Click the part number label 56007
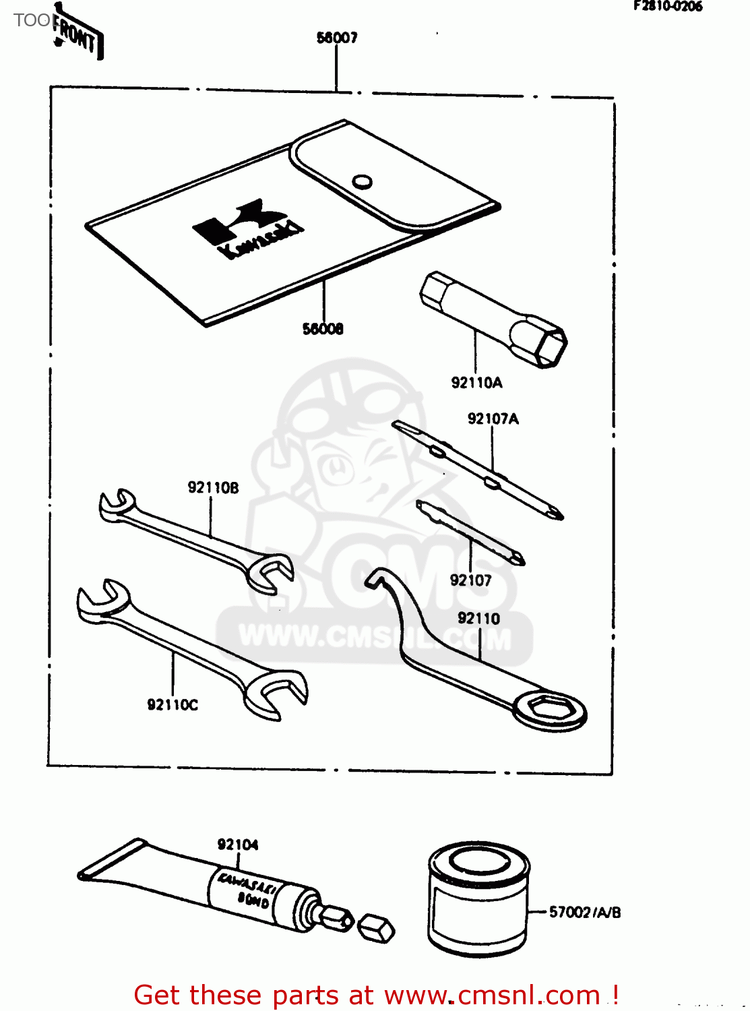click(337, 38)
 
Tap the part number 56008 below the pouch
click(323, 329)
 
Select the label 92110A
click(476, 383)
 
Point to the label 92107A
click(493, 419)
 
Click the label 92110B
click(213, 487)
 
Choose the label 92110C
click(173, 705)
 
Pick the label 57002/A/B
click(584, 912)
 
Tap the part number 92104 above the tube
click(237, 845)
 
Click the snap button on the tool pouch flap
click(363, 181)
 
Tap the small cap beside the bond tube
click(375, 928)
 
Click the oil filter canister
click(478, 900)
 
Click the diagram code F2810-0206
click(667, 7)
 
